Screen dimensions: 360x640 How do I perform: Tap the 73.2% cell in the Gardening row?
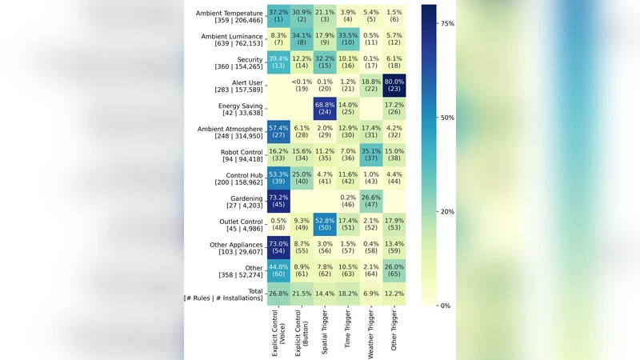278,202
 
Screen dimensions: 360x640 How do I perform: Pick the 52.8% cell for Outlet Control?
324,226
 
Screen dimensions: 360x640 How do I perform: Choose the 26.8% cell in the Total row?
278,294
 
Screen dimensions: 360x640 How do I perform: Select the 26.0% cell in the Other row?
394,271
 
